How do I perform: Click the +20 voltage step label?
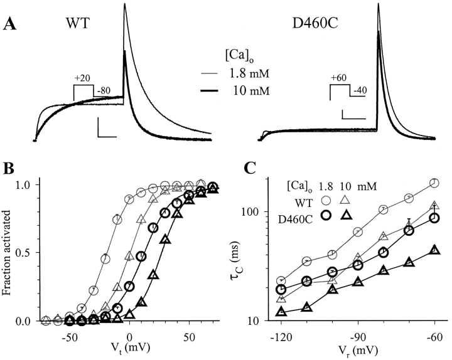pos(82,78)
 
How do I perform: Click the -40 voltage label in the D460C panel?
pos(360,92)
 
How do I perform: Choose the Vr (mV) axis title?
pos(358,349)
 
